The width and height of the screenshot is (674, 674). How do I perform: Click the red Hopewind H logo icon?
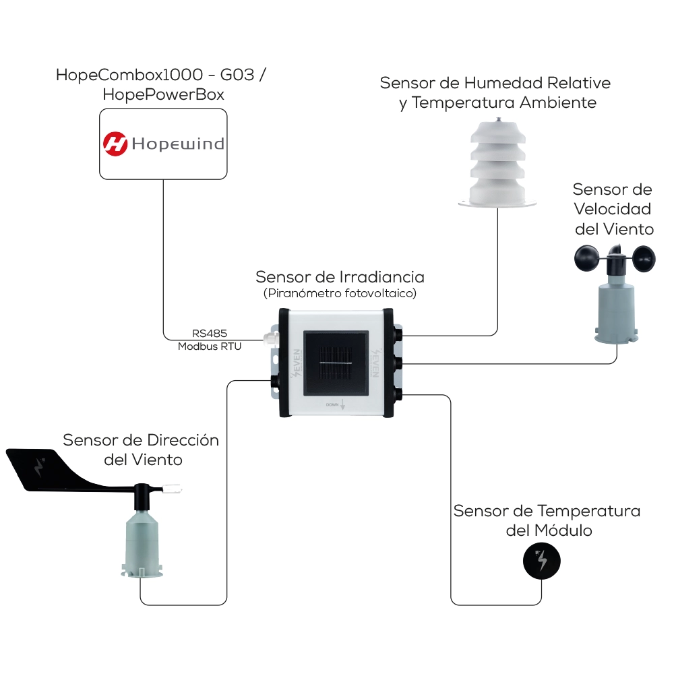115,144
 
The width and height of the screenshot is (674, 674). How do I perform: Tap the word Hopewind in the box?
178,144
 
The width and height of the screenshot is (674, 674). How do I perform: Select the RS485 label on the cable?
209,333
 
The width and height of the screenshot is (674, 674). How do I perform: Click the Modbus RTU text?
210,346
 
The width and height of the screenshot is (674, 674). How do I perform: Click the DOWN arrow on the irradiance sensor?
342,404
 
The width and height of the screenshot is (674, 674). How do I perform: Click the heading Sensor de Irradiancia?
340,277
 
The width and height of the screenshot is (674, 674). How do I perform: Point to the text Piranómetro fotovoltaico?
340,293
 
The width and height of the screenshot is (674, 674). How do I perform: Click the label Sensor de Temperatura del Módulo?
547,520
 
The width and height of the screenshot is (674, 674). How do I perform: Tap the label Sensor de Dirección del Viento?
142,450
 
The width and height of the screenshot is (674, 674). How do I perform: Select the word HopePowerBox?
163,95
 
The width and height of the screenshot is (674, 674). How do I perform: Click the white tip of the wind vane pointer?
175,485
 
